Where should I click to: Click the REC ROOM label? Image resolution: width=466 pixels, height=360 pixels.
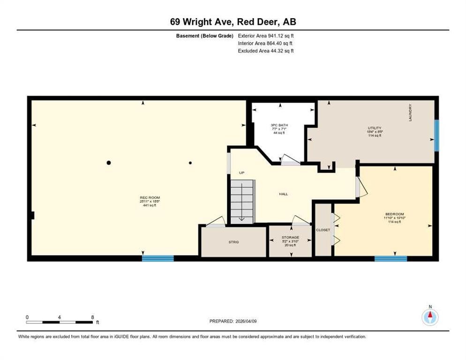pyautogui.click(x=150, y=198)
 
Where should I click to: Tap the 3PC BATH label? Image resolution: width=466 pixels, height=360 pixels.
pyautogui.click(x=279, y=125)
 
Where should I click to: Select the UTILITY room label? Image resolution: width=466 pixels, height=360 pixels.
pyautogui.click(x=374, y=128)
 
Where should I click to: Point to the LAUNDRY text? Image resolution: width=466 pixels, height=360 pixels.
pyautogui.click(x=410, y=113)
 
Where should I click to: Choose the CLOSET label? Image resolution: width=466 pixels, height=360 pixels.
pyautogui.click(x=323, y=230)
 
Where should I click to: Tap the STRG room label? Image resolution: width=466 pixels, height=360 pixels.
pyautogui.click(x=233, y=242)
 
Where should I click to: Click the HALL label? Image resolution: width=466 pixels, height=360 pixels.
pyautogui.click(x=283, y=194)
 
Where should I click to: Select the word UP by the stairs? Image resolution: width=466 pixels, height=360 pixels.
pyautogui.click(x=241, y=173)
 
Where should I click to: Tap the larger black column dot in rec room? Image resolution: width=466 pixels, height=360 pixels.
pyautogui.click(x=109, y=163)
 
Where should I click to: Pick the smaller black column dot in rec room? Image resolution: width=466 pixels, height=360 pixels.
pyautogui.click(x=190, y=163)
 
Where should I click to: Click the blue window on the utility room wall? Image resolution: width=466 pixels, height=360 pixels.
pyautogui.click(x=436, y=135)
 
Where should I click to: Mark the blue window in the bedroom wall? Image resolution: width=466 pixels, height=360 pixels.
pyautogui.click(x=391, y=258)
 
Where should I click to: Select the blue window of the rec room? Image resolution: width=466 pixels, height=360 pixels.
pyautogui.click(x=158, y=258)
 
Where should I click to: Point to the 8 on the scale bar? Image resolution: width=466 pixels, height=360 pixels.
pyautogui.click(x=93, y=317)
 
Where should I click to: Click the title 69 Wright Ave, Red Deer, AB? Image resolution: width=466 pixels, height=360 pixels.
pyautogui.click(x=233, y=22)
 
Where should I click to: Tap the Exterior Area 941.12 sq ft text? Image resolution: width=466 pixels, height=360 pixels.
pyautogui.click(x=266, y=36)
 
